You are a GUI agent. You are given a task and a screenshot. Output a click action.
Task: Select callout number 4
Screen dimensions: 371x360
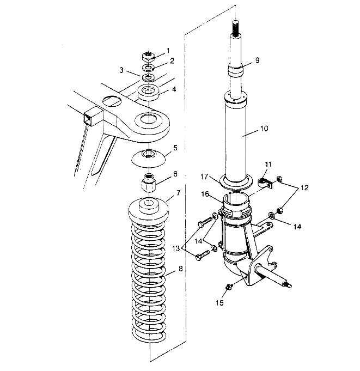(174, 89)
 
